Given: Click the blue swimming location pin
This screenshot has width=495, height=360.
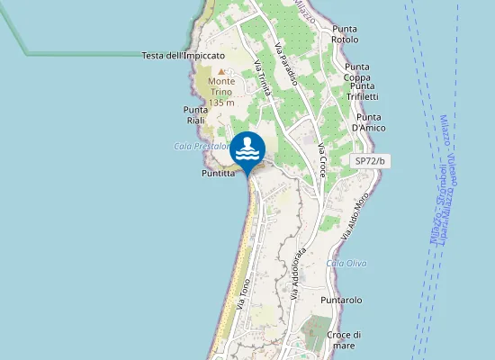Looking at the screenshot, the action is point(247,151).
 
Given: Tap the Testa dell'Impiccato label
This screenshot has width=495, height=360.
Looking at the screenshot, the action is point(183,56).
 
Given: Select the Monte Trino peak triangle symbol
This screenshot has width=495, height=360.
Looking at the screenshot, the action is point(221,70).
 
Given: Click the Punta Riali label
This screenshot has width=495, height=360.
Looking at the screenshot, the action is point(195,114).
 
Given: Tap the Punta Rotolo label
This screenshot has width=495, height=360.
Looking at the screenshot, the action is point(344,34).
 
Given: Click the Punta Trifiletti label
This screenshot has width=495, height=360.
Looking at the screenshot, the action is point(363,96).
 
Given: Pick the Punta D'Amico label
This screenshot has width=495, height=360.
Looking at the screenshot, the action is point(369,122).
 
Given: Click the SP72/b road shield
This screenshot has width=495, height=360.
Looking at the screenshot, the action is point(369,160).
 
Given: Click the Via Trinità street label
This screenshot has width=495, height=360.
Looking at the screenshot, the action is point(263,77).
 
